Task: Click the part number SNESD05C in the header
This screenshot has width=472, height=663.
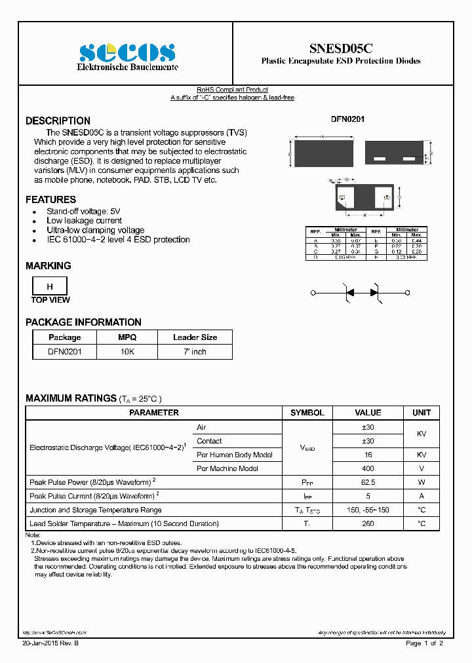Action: (x=341, y=48)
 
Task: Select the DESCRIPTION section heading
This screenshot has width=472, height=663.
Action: (x=58, y=121)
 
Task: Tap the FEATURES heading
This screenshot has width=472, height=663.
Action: (x=50, y=199)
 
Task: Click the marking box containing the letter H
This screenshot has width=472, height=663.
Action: (x=49, y=287)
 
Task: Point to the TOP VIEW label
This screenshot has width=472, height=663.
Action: (x=50, y=300)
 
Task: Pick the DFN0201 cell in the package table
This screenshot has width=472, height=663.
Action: (x=65, y=351)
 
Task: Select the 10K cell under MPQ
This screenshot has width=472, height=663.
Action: (x=127, y=351)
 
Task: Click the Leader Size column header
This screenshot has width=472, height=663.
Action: (x=195, y=337)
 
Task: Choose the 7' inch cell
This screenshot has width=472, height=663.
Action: (x=195, y=351)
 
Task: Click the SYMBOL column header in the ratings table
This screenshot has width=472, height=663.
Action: (x=307, y=413)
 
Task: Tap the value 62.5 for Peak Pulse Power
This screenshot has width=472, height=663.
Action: (x=368, y=482)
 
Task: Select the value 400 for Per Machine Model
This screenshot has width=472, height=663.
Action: (x=368, y=468)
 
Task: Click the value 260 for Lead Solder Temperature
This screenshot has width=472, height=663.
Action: (x=368, y=523)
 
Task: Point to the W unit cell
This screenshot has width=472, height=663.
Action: (x=422, y=482)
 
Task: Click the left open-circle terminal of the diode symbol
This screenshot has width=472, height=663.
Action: (x=313, y=293)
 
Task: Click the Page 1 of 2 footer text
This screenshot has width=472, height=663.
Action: (x=425, y=643)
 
